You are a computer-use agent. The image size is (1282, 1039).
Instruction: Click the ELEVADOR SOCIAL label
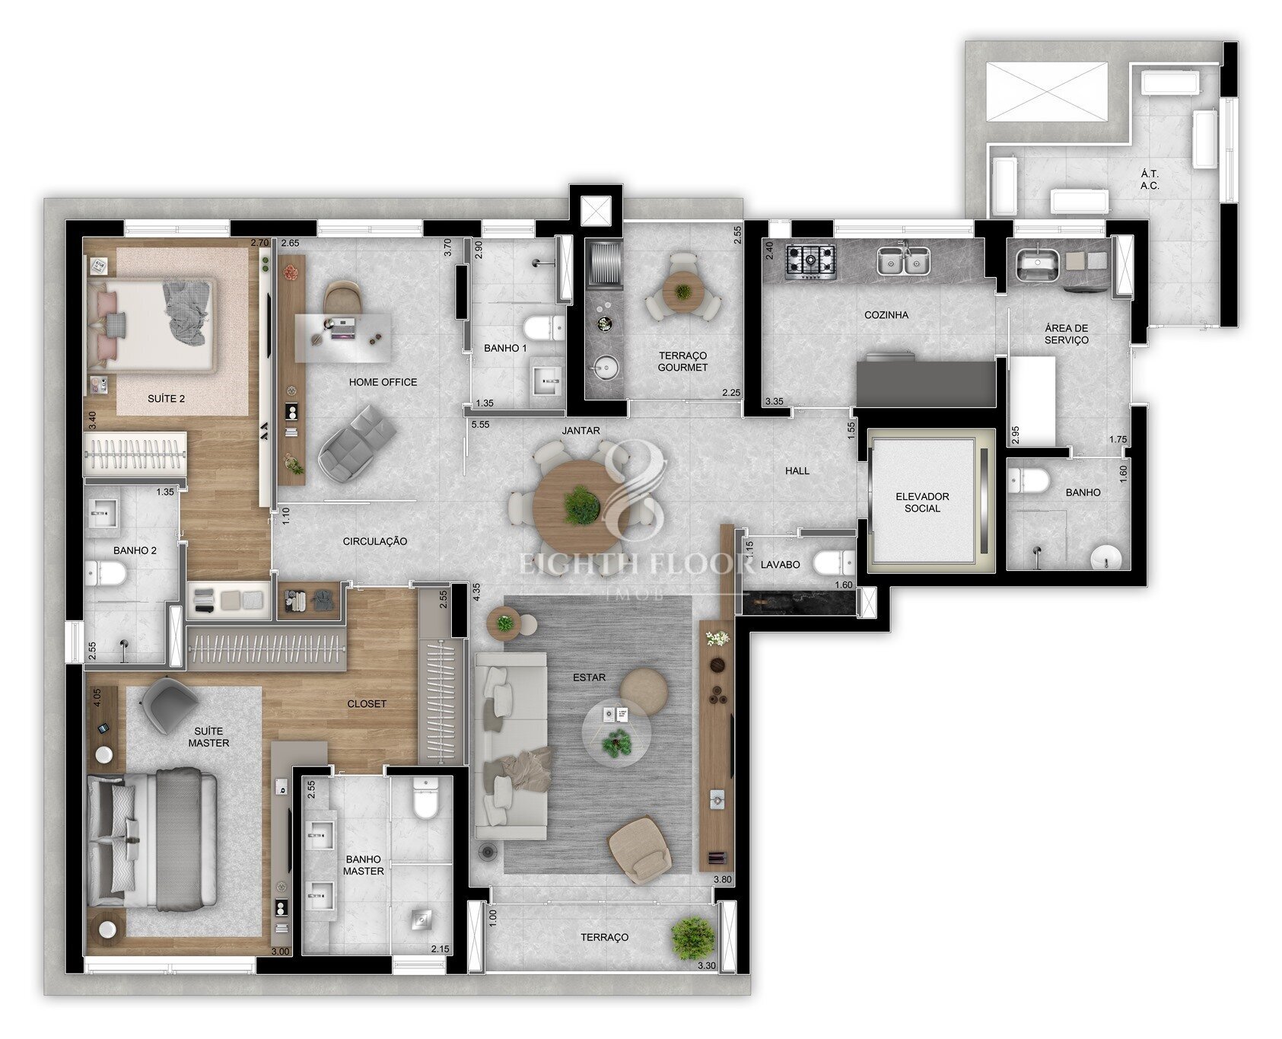(x=922, y=502)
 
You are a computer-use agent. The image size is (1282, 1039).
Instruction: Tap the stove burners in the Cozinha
(x=811, y=259)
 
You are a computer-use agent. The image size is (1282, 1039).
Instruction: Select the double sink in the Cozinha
(x=902, y=260)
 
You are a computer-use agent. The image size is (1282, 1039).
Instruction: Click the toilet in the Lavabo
(x=832, y=563)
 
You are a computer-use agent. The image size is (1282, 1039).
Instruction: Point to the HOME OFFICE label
(x=383, y=382)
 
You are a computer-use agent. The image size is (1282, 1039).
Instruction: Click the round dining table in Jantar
(x=580, y=505)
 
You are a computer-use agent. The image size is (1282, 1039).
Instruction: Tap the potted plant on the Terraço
(x=692, y=937)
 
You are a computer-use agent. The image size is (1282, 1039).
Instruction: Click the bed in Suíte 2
(x=150, y=325)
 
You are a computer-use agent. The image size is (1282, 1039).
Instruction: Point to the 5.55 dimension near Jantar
(x=480, y=425)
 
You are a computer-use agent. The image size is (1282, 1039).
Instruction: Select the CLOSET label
(x=367, y=704)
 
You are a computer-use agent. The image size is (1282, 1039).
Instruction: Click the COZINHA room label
(x=886, y=314)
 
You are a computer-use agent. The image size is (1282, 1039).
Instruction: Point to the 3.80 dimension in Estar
(x=722, y=880)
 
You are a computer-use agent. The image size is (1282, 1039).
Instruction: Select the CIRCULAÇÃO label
(x=375, y=542)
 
